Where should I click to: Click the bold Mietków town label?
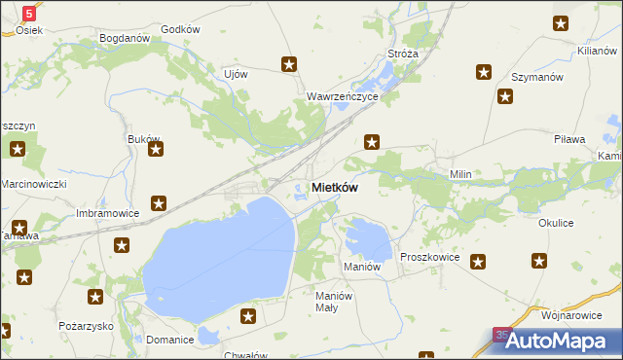click(335, 188)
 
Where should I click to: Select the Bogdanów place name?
click(123, 39)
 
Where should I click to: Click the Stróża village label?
click(402, 54)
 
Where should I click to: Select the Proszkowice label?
click(429, 257)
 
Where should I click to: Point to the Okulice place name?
click(555, 223)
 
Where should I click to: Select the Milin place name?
click(459, 174)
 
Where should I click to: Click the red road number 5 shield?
click(30, 14)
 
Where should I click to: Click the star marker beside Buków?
click(155, 150)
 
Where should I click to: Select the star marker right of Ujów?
click(289, 65)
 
